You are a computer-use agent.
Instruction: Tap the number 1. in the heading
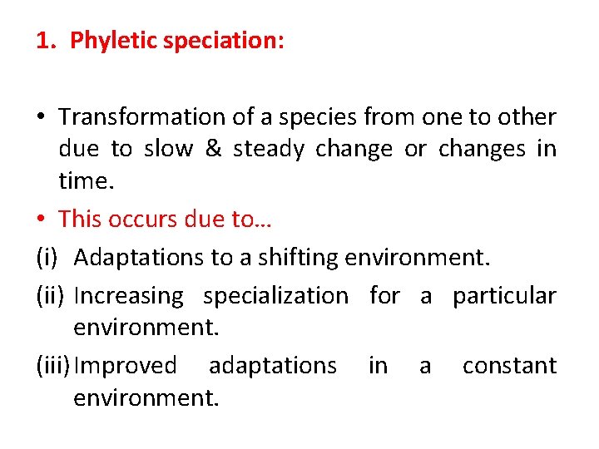click(x=46, y=41)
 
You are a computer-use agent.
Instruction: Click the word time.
click(x=86, y=181)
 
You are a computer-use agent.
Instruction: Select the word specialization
click(x=276, y=296)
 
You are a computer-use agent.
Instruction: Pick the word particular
click(x=504, y=296)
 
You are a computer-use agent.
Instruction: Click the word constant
click(x=509, y=366)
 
